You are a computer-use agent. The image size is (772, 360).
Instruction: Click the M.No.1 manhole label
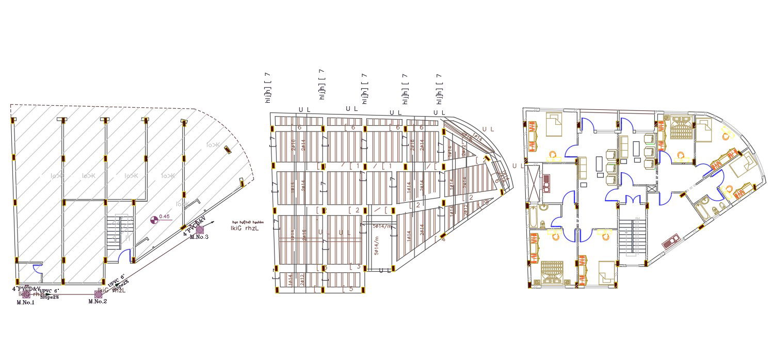25,302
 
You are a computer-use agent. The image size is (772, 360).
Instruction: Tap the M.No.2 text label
98,301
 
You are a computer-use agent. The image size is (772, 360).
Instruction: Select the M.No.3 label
199,237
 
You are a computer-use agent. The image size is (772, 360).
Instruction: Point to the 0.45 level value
165,217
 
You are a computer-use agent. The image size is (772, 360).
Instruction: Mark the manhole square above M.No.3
200,229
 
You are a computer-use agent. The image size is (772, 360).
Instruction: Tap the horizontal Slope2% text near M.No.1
49,297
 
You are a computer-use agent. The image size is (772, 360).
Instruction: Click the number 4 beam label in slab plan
443,239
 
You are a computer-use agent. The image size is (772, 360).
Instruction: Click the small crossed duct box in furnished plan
651,189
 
